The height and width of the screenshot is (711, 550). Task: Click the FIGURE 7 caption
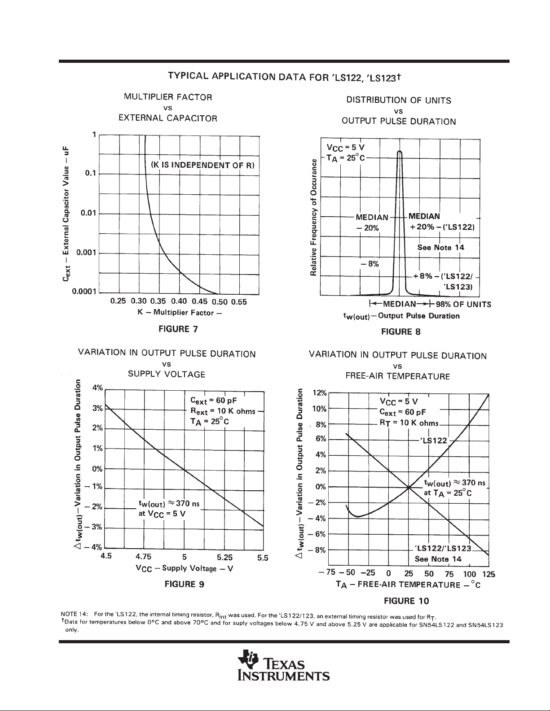pyautogui.click(x=178, y=329)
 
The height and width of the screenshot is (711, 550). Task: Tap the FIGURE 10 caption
pyautogui.click(x=406, y=601)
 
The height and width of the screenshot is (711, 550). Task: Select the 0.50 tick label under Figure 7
pyautogui.click(x=220, y=302)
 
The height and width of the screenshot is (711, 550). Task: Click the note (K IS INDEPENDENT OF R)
pyautogui.click(x=202, y=165)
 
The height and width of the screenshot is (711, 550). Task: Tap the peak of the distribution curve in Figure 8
pyautogui.click(x=400, y=151)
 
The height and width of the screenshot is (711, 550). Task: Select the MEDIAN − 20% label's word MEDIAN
pyautogui.click(x=372, y=217)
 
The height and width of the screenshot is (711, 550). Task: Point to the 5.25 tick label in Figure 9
pyautogui.click(x=224, y=557)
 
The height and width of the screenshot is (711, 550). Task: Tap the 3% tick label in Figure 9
pyautogui.click(x=97, y=408)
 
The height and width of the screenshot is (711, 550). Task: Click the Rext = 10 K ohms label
pyautogui.click(x=223, y=411)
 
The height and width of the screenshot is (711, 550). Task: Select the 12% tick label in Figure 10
pyautogui.click(x=320, y=393)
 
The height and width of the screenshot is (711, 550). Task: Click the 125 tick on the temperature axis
pyautogui.click(x=488, y=574)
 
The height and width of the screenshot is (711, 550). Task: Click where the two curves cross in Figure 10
pyautogui.click(x=409, y=488)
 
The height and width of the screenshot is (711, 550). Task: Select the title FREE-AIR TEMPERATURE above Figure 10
pyautogui.click(x=397, y=376)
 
